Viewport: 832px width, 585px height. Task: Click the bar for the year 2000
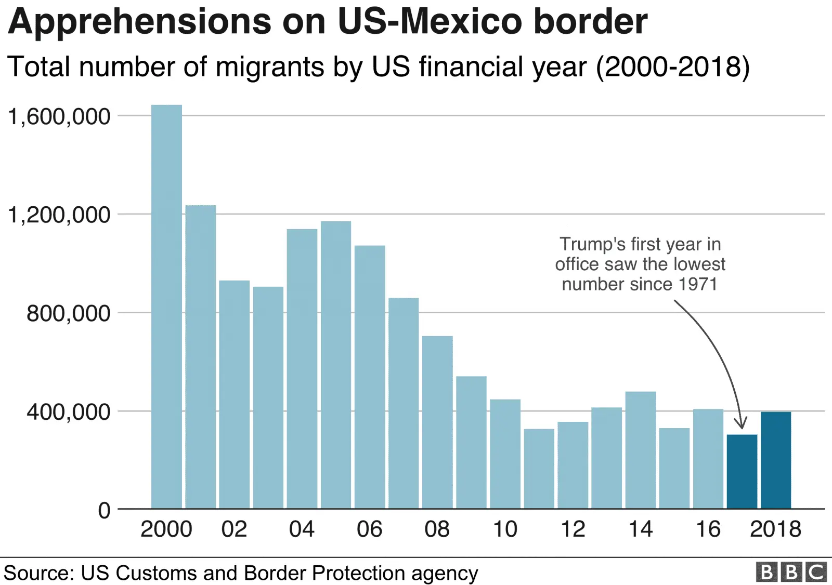pos(166,307)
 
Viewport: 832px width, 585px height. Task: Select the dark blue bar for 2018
pos(775,460)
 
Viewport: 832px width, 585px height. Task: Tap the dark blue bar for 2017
pos(742,471)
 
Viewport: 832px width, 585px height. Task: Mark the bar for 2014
pos(640,450)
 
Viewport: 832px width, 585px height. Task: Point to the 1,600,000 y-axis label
pos(59,116)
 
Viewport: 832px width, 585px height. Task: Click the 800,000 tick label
pos(68,313)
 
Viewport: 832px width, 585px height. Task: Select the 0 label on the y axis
pos(104,510)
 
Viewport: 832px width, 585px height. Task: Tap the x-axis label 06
pos(369,529)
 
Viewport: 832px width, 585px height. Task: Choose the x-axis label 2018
pos(775,529)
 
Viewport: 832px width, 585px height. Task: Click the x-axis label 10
pos(505,529)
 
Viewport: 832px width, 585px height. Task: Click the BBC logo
pos(791,572)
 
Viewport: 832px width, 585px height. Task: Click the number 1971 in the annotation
pos(698,284)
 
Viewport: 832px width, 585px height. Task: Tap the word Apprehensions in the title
pos(139,22)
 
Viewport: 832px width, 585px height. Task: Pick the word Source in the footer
pos(37,573)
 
